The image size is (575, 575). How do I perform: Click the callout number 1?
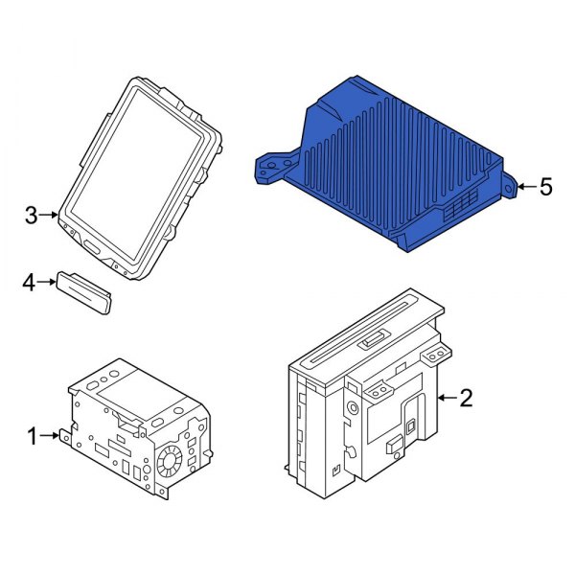click(x=32, y=437)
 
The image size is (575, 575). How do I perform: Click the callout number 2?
click(x=466, y=398)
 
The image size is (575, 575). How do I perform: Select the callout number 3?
click(x=32, y=216)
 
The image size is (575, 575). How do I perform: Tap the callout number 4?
click(x=29, y=282)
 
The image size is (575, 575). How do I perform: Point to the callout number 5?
click(x=545, y=186)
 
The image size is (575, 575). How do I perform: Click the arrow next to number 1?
click(x=54, y=437)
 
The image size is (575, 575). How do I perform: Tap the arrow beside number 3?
click(x=52, y=216)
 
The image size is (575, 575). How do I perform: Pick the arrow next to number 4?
click(x=48, y=282)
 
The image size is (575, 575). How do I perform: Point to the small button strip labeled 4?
click(x=85, y=288)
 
